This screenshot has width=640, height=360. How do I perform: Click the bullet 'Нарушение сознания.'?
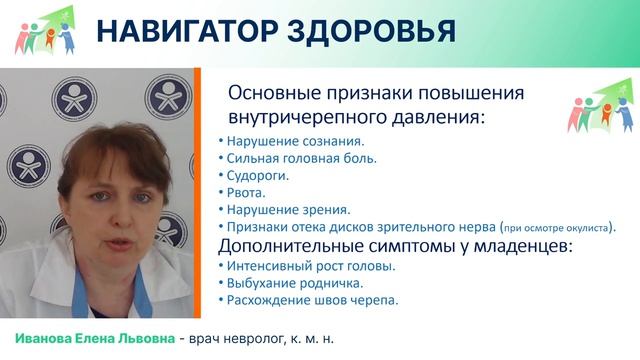click(x=282, y=142)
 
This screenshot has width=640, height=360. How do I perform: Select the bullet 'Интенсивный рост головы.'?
click(x=297, y=266)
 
